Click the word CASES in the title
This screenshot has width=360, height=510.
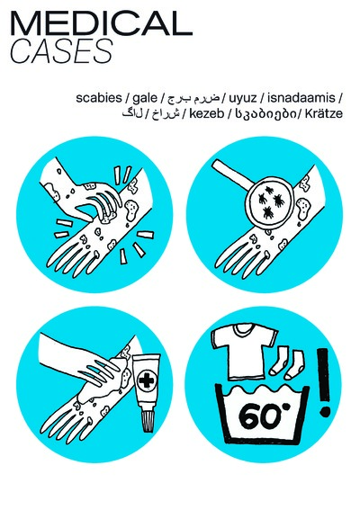[x=61, y=53]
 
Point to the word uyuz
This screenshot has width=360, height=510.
[x=245, y=97]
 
